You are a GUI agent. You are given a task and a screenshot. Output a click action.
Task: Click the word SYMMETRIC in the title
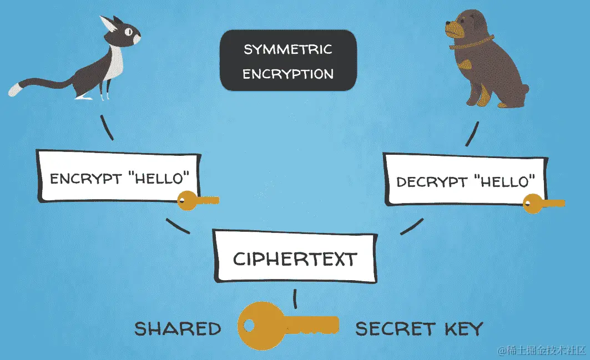(288, 49)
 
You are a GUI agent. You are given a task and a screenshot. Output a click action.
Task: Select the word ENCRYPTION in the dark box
(288, 74)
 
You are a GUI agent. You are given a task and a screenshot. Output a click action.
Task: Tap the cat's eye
(129, 31)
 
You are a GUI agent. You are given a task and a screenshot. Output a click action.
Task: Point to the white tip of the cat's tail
(14, 89)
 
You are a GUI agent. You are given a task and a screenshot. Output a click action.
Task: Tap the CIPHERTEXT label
(294, 258)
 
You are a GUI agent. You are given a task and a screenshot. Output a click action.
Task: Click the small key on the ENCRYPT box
(196, 201)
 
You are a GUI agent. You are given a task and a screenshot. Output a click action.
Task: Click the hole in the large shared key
(253, 325)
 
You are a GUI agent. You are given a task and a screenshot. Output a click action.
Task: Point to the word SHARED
(178, 328)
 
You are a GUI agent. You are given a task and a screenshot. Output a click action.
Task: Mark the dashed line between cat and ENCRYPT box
(107, 128)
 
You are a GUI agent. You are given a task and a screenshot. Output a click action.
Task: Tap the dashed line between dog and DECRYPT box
(473, 134)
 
